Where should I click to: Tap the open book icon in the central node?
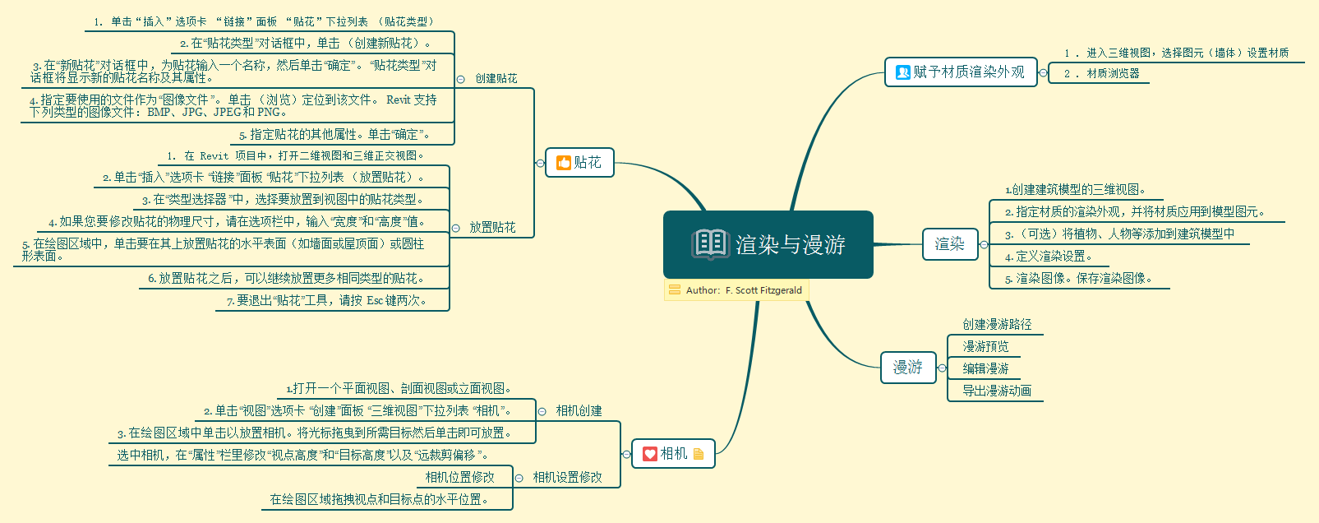point(710,244)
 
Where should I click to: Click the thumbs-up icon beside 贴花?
point(564,163)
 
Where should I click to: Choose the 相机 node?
point(673,454)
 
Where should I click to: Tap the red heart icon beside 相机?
point(650,454)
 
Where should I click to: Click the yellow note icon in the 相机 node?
point(699,454)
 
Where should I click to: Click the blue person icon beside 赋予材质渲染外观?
point(902,72)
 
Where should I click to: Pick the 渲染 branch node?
point(950,244)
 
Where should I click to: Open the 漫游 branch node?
point(907,368)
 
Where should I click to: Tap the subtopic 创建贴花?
point(496,79)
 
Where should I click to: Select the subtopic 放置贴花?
point(492,228)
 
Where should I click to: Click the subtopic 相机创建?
point(579,411)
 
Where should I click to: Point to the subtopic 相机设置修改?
point(567,478)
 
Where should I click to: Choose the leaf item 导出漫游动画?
point(997,391)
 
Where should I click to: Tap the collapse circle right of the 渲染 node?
point(984,244)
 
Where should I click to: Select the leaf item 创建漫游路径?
point(997,325)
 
